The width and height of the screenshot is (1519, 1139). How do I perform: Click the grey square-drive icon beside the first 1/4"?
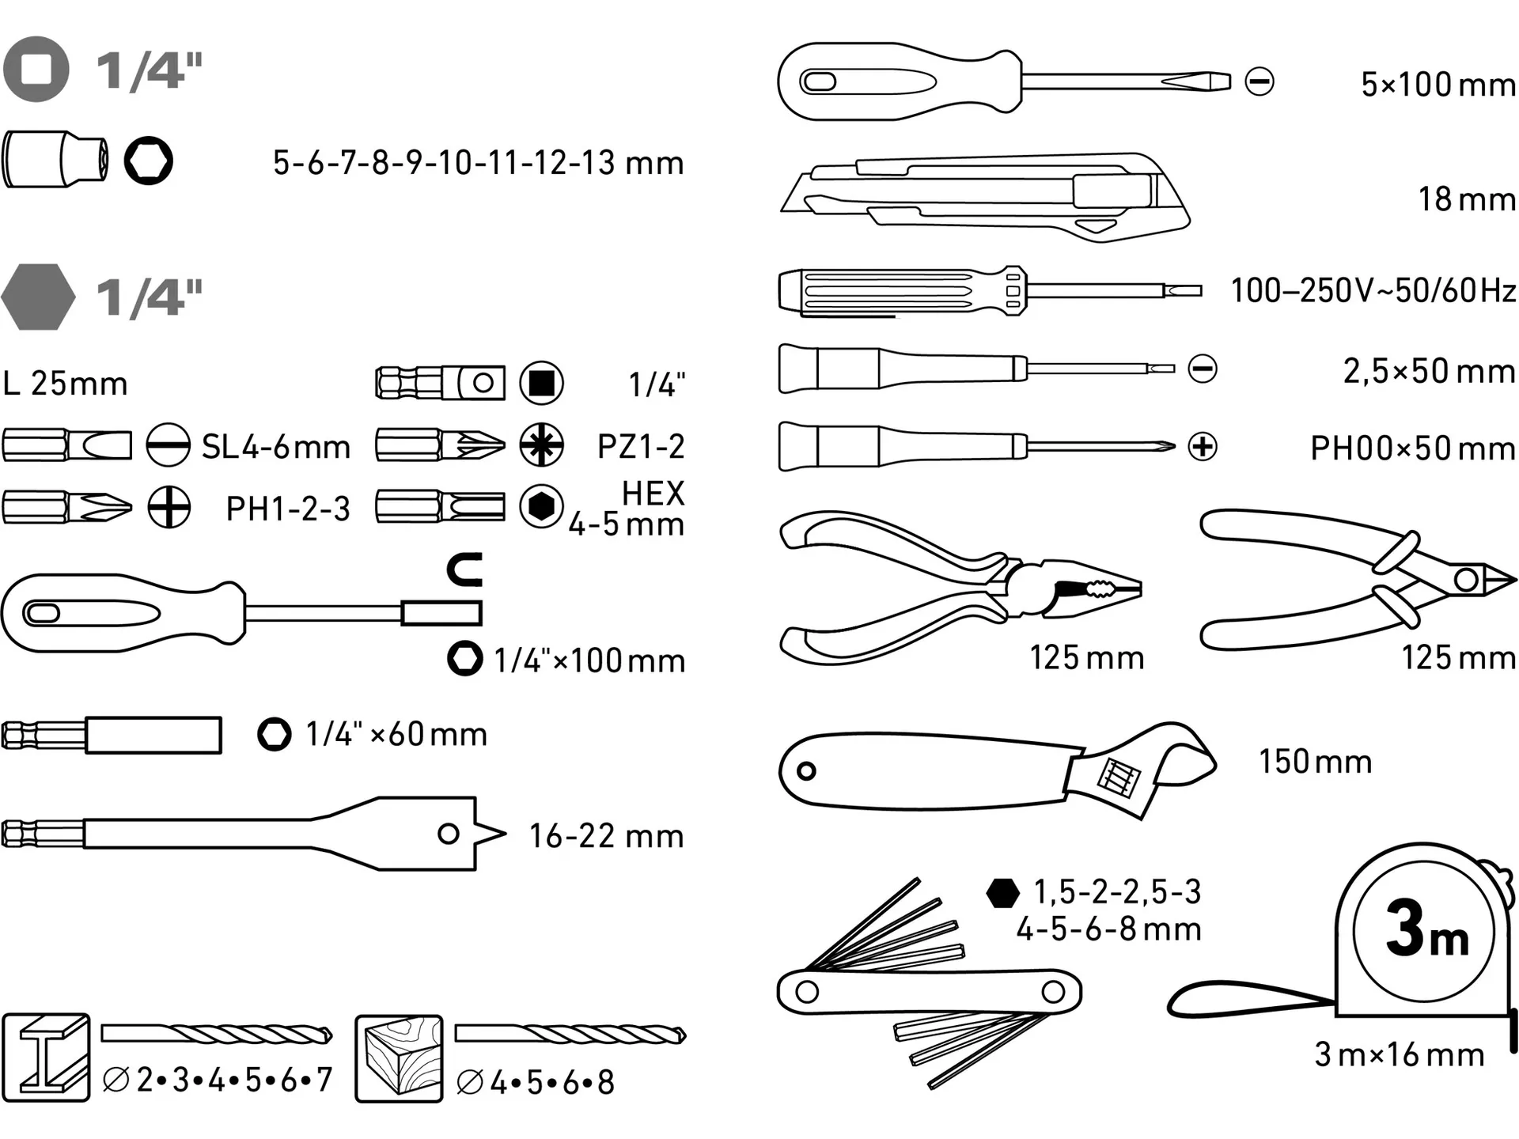[36, 69]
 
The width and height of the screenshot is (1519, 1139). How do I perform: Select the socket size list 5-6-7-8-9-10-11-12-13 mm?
[478, 163]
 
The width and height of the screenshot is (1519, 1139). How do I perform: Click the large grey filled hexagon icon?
[38, 297]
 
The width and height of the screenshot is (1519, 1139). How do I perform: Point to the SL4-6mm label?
[275, 447]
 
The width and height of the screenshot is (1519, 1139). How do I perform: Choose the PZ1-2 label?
[641, 447]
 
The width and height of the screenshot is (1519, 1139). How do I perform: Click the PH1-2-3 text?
[288, 509]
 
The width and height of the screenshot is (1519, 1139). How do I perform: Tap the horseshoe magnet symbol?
[465, 569]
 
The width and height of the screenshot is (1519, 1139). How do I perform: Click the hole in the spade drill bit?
[449, 834]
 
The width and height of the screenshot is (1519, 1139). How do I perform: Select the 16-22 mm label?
[606, 836]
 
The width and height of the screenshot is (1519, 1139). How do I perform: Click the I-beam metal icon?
[46, 1058]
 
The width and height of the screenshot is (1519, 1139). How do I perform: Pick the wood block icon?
[399, 1058]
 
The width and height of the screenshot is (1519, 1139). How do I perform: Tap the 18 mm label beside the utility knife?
[1467, 199]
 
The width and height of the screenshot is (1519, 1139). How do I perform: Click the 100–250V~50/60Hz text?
[1373, 290]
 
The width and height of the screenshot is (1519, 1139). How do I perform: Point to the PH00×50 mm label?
[1413, 448]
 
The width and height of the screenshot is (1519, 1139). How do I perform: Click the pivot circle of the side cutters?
[1466, 580]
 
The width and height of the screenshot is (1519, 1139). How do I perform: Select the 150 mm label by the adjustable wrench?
[1315, 762]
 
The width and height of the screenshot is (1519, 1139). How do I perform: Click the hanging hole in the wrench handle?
[806, 770]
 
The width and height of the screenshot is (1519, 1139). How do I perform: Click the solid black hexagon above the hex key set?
[1003, 893]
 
